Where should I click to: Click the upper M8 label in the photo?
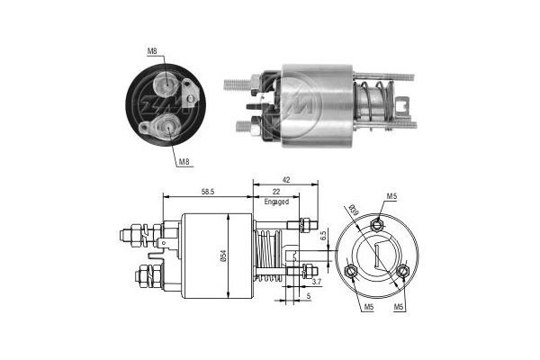152,52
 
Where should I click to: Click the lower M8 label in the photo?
183,162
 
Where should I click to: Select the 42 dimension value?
285,180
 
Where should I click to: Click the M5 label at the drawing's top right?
391,195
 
